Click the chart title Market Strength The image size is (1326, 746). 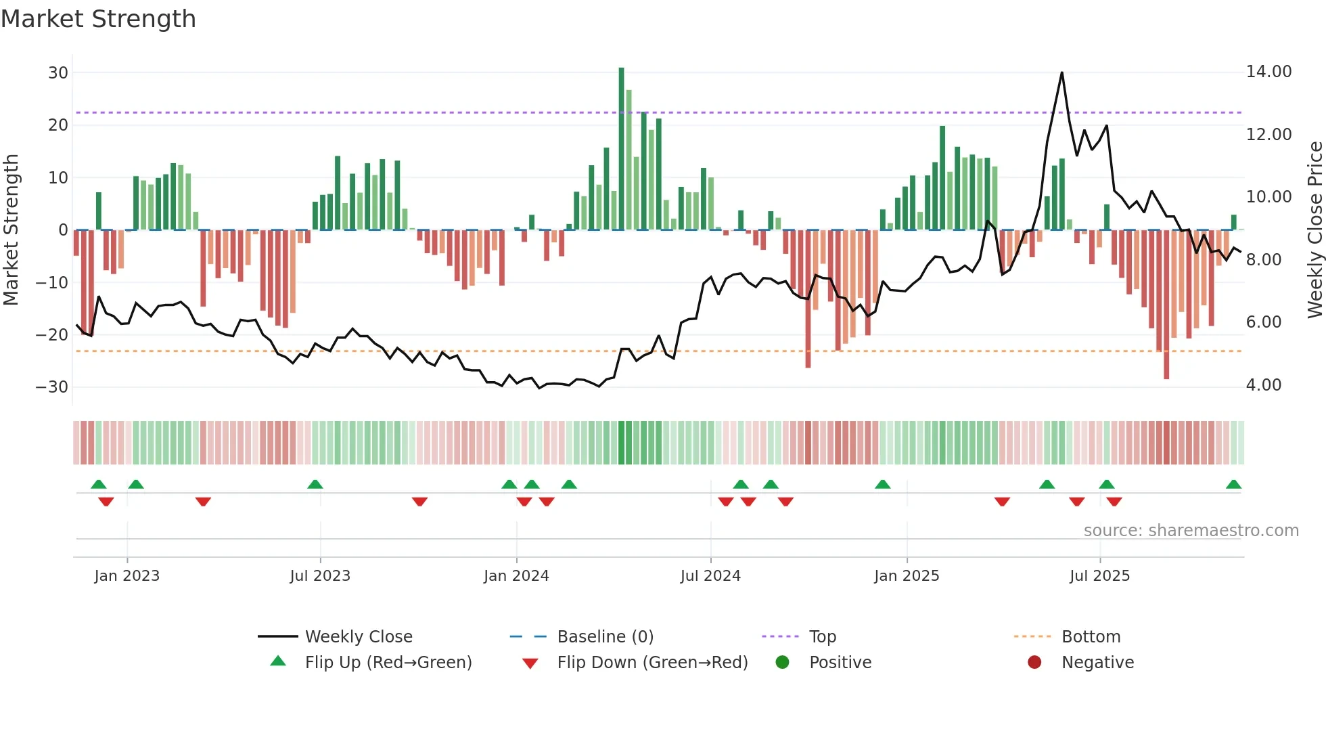click(99, 19)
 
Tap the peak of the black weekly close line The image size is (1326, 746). click(1061, 73)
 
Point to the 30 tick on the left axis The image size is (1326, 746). click(58, 73)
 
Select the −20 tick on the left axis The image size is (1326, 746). click(53, 334)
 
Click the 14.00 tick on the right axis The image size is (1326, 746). click(1268, 72)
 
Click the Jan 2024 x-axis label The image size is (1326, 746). click(516, 576)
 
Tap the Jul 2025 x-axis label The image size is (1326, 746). click(1099, 576)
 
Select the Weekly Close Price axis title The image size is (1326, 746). click(1314, 230)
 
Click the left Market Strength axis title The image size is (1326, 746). click(12, 230)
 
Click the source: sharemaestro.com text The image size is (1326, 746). click(1191, 531)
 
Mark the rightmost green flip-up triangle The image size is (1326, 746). click(1233, 485)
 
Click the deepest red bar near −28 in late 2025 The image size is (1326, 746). click(1166, 305)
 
